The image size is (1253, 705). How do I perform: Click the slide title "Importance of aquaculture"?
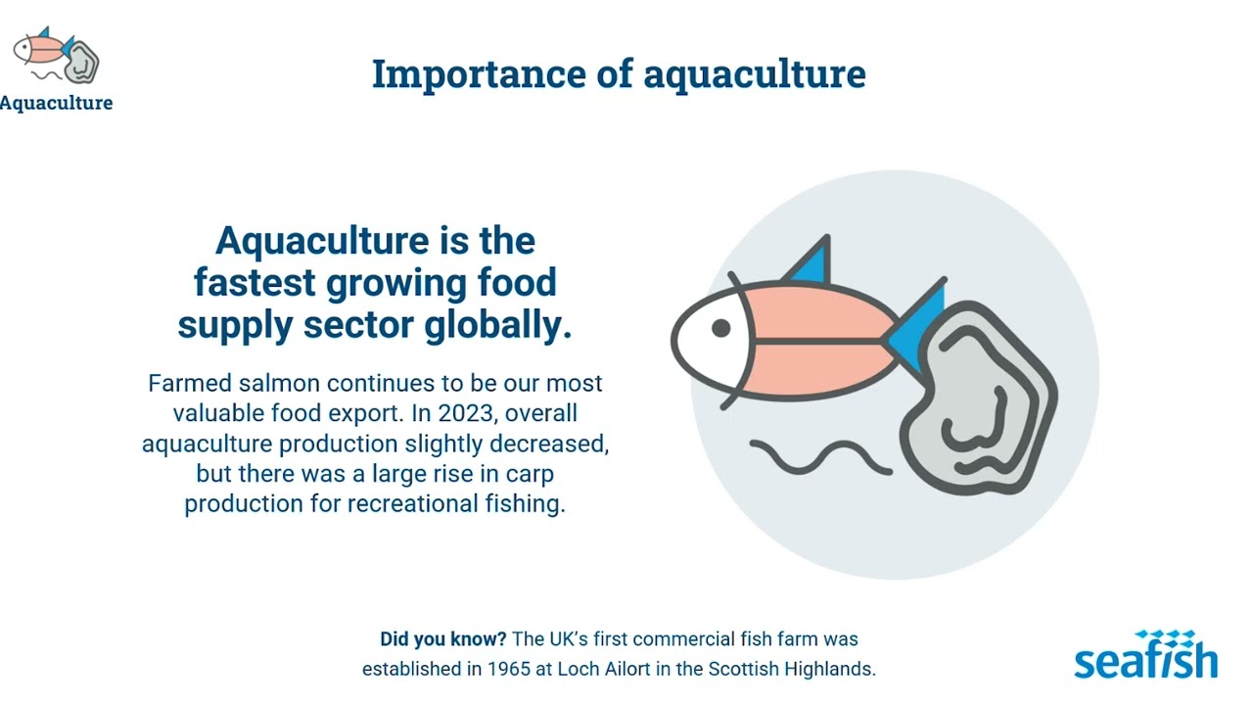coord(619,74)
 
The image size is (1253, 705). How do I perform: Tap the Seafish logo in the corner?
coord(1145,655)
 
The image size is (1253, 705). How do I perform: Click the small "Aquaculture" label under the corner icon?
coord(56,103)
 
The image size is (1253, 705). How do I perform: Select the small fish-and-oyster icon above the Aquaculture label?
coord(56,57)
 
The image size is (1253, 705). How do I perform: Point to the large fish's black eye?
coord(720,328)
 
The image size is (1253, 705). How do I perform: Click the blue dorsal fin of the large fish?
coord(812,262)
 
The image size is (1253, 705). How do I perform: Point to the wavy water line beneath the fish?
coord(820,456)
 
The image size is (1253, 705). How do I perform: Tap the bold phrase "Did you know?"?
coord(443,639)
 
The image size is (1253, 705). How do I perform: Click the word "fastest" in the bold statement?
coord(255,283)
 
